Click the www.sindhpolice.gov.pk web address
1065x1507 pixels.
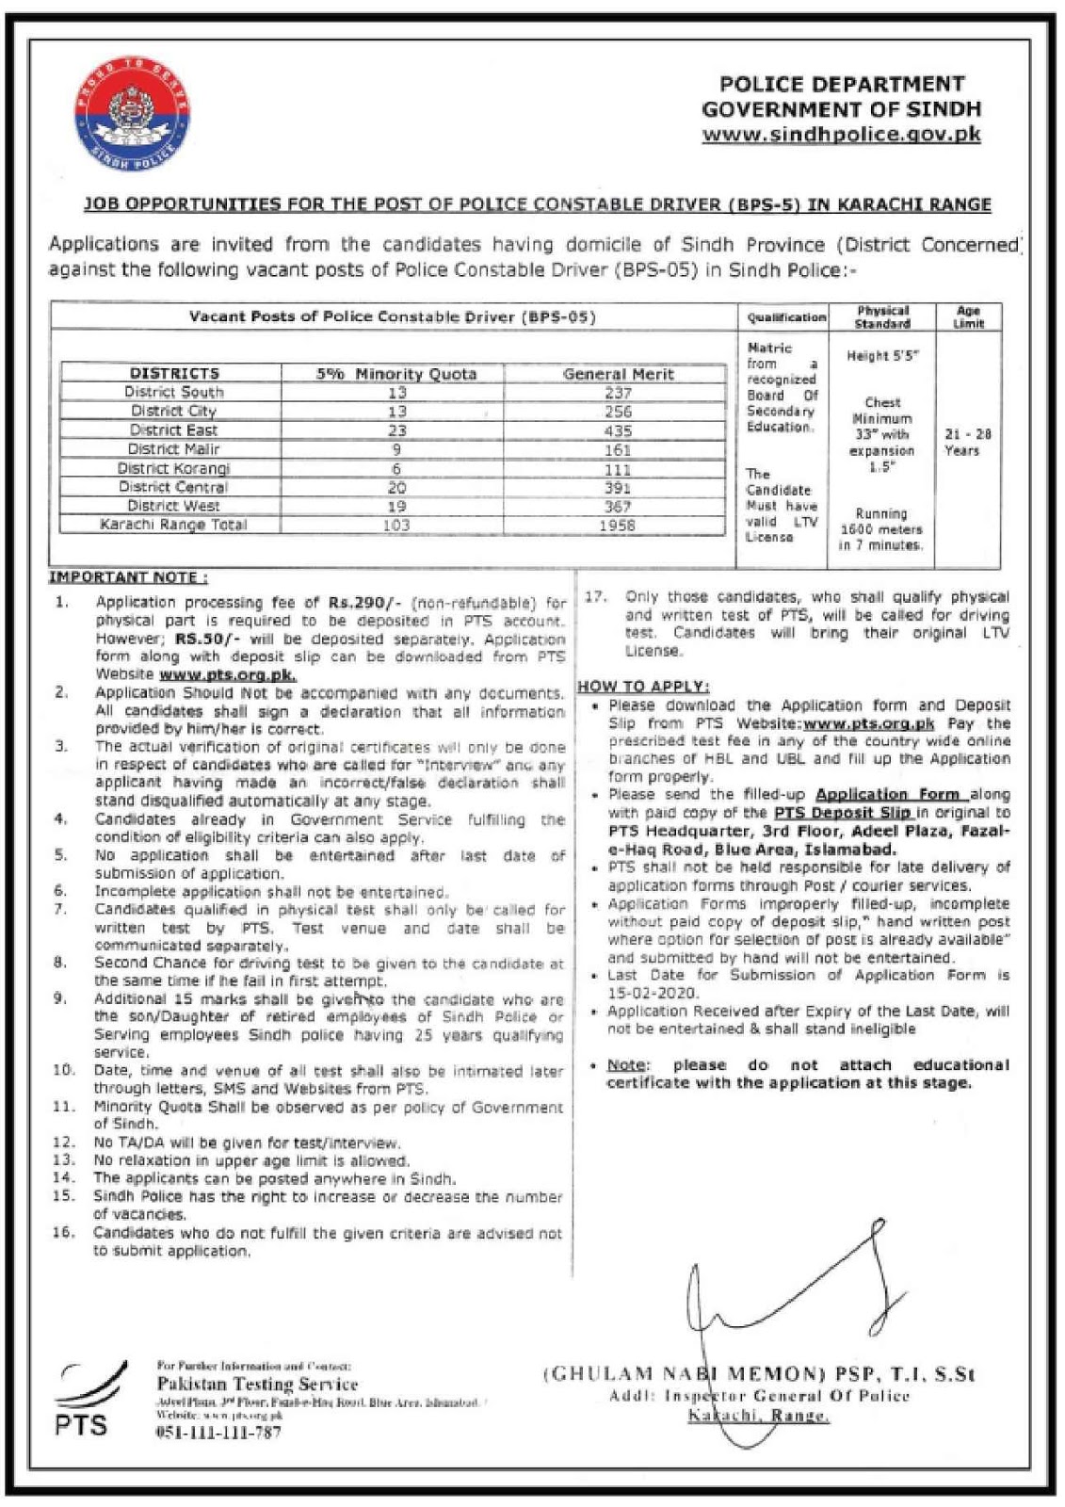pyautogui.click(x=841, y=134)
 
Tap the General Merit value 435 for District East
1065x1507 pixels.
pyautogui.click(x=618, y=430)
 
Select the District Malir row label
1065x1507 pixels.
pyautogui.click(x=173, y=449)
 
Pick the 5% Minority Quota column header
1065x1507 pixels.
pyautogui.click(x=395, y=374)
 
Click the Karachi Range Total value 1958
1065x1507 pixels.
pyautogui.click(x=617, y=525)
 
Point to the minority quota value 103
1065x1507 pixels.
pyautogui.click(x=396, y=525)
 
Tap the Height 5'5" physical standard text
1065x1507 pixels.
pyautogui.click(x=881, y=356)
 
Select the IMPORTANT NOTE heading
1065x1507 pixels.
pyautogui.click(x=128, y=577)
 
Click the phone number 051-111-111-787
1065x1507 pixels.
pyautogui.click(x=218, y=1433)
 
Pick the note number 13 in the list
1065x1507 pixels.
pyautogui.click(x=63, y=1160)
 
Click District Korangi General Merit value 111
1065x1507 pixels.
pyautogui.click(x=617, y=468)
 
